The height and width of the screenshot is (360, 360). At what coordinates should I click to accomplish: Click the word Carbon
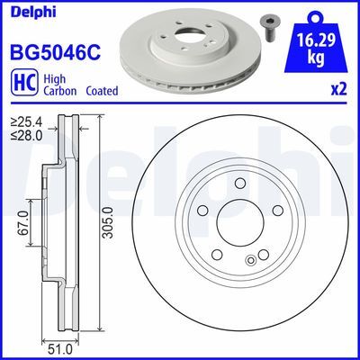pos(53,90)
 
